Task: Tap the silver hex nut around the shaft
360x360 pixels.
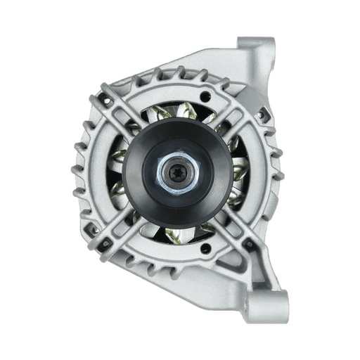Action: pyautogui.click(x=166, y=175)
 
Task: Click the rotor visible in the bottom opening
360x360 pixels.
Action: pyautogui.click(x=176, y=232)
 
